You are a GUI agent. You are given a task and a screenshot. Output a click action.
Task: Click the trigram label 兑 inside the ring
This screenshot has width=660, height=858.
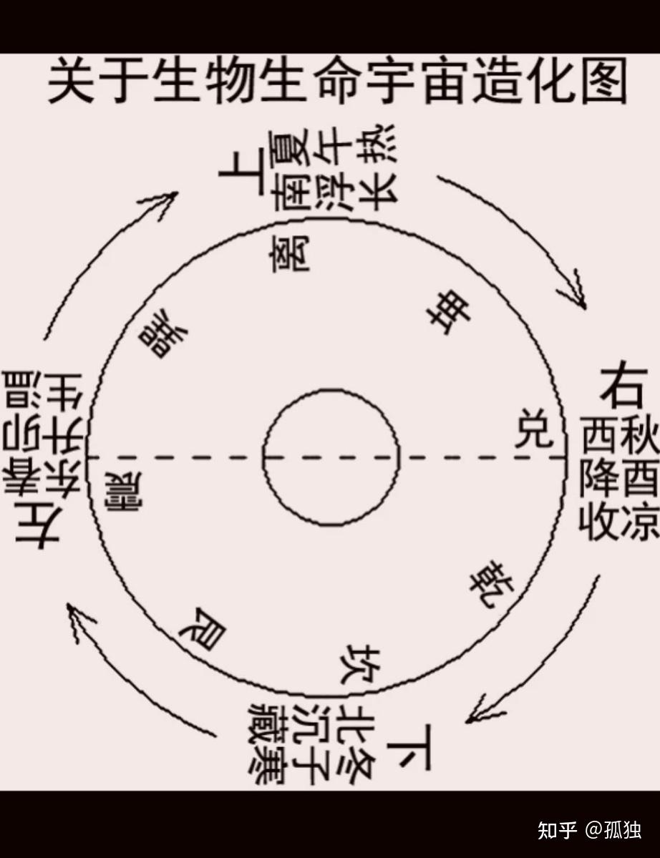[x=533, y=429]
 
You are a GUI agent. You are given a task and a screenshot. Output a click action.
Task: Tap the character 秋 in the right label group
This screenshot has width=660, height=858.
[x=640, y=437]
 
